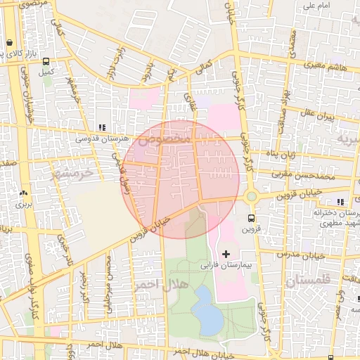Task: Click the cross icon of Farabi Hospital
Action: click(226, 253)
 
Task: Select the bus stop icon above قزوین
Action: click(251, 218)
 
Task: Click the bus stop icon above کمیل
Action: click(46, 61)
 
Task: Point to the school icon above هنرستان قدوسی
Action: click(103, 128)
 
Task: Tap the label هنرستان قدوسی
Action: click(103, 139)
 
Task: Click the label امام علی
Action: click(317, 6)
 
